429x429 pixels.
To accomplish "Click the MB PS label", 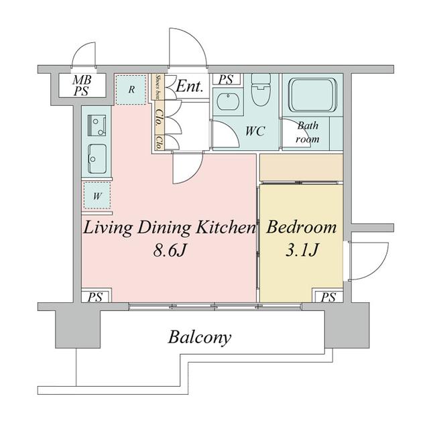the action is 82,85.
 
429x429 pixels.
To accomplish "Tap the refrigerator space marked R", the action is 131,89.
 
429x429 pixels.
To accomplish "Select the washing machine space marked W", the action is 97,195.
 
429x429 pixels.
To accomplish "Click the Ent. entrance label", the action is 190,86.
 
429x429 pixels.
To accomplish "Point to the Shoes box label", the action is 158,86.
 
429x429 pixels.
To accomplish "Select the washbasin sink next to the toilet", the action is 228,101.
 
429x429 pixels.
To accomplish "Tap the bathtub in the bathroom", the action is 313,95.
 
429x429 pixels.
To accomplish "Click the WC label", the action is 255,131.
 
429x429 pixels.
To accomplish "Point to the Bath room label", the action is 308,133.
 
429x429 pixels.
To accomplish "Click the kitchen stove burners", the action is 97,125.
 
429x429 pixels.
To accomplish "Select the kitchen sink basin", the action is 97,159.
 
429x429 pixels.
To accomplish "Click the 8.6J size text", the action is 170,250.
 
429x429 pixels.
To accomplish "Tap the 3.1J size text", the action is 302,250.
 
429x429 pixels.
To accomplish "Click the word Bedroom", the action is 301,227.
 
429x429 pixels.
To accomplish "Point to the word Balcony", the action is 200,337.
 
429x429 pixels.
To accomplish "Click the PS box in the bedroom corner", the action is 328,296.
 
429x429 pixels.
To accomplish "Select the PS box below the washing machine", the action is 96,296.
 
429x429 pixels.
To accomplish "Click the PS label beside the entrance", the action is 226,79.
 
